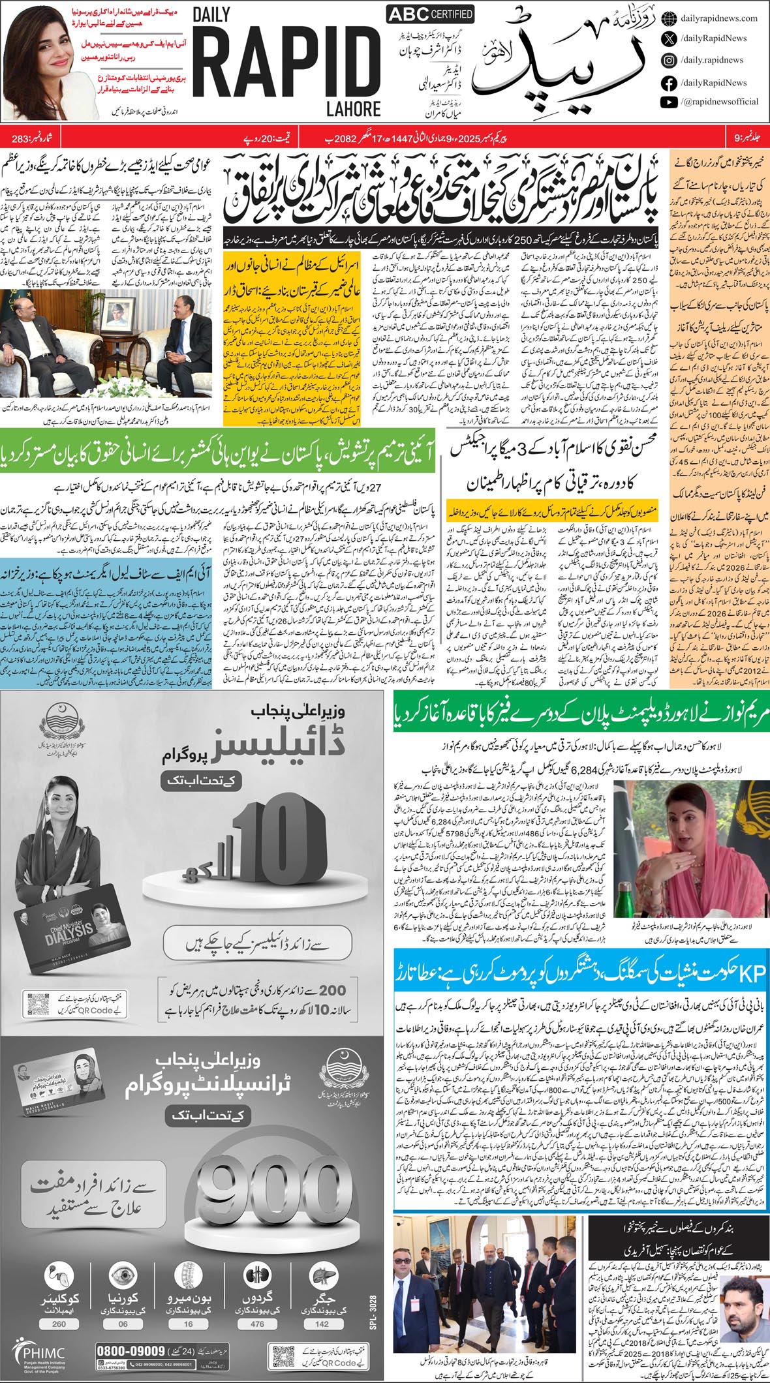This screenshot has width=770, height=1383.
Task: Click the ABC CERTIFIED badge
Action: [431, 14]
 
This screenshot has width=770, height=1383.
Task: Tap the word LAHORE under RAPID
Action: [354, 108]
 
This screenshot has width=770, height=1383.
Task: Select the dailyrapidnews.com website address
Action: [718, 18]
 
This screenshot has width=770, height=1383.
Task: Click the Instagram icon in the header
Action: [669, 60]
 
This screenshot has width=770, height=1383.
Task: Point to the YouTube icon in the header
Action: [669, 102]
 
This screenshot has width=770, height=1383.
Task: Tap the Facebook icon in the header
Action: [669, 83]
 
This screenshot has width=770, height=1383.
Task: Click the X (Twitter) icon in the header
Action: [669, 38]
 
